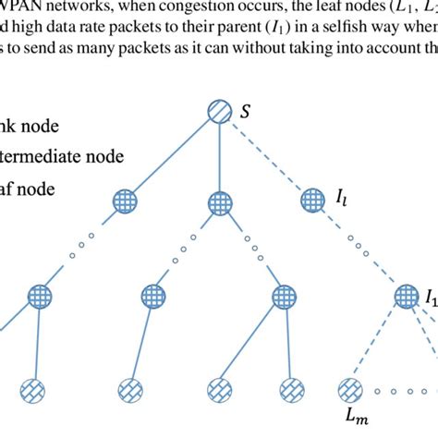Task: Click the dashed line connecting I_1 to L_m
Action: coord(378,342)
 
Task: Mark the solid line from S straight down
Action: coord(219,157)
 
